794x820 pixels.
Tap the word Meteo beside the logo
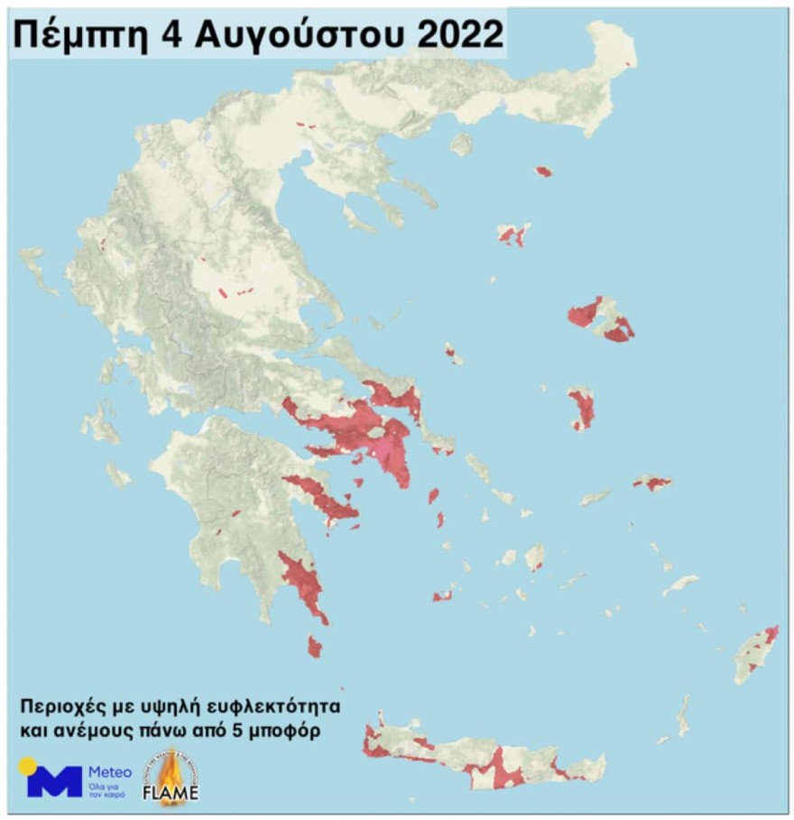(109, 772)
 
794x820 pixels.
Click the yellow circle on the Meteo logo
(28, 766)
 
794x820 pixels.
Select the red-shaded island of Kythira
(314, 646)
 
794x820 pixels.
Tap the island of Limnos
(513, 235)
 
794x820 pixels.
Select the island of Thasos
(461, 143)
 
